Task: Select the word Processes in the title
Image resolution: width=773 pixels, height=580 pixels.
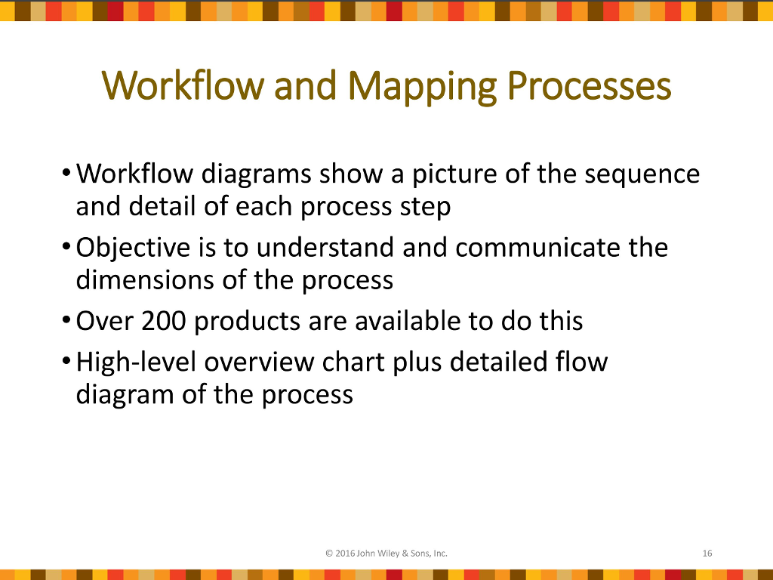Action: [x=589, y=86]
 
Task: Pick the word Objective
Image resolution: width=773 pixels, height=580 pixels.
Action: [x=133, y=248]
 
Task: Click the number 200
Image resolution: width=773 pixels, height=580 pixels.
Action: [x=164, y=321]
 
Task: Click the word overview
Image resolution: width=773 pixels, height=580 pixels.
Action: [x=259, y=362]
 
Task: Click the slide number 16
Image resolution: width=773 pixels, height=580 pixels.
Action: [x=707, y=554]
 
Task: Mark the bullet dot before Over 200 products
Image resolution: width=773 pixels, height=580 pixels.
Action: [x=66, y=320]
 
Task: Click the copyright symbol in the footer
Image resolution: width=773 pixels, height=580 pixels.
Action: [x=329, y=554]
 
